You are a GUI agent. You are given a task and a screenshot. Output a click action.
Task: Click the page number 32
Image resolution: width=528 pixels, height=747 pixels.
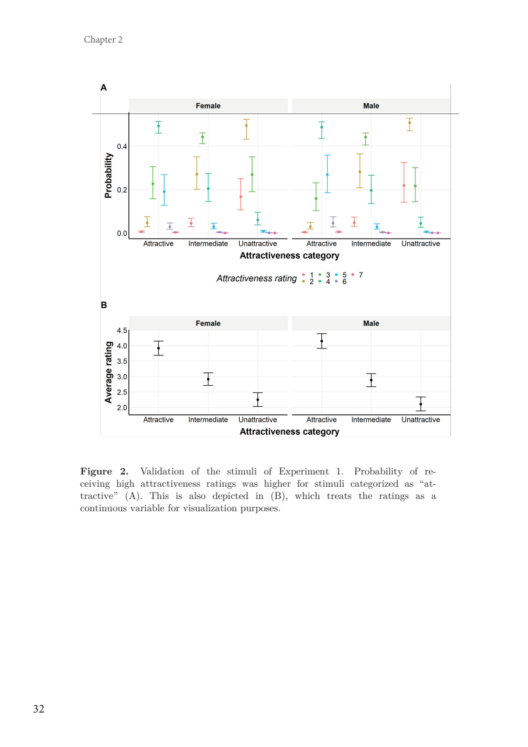[39, 709]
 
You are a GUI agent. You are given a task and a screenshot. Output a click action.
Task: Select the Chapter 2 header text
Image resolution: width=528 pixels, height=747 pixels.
[103, 40]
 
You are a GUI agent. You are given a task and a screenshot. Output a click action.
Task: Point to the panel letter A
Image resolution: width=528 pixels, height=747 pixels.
[104, 88]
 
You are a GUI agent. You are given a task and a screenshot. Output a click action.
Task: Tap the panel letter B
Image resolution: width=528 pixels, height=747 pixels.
[104, 305]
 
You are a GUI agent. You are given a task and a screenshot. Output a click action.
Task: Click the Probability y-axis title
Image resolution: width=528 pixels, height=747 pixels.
[109, 176]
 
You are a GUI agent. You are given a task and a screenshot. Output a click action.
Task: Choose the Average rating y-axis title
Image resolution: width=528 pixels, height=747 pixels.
[109, 373]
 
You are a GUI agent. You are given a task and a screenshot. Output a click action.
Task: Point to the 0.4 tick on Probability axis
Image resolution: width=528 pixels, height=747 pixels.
[121, 146]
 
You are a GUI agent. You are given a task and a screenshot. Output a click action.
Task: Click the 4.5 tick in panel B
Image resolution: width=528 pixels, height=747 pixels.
[121, 331]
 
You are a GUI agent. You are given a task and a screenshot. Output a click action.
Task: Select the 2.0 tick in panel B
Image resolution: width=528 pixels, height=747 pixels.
[121, 408]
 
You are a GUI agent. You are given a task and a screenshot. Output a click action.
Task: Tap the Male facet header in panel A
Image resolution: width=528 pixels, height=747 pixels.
[370, 106]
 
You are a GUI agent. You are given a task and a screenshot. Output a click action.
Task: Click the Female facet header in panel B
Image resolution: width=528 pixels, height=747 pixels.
[208, 323]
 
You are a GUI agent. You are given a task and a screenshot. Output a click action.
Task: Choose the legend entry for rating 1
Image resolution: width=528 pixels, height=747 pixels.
[307, 274]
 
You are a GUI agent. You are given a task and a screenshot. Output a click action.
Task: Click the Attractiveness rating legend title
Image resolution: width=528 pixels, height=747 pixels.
[256, 278]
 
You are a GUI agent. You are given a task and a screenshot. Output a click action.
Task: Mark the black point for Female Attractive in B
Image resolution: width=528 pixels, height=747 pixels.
[158, 348]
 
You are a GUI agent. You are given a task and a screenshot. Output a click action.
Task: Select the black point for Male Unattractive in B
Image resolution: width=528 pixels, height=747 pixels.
[421, 404]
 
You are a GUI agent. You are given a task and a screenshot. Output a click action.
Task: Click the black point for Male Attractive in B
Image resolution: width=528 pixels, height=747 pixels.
[321, 341]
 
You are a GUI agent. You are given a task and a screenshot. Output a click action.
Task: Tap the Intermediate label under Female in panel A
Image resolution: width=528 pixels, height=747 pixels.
[208, 243]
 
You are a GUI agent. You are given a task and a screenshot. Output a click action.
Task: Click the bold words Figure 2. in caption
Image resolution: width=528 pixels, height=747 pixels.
[104, 472]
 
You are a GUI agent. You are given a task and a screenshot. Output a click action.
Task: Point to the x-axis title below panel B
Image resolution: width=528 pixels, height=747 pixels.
[289, 432]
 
